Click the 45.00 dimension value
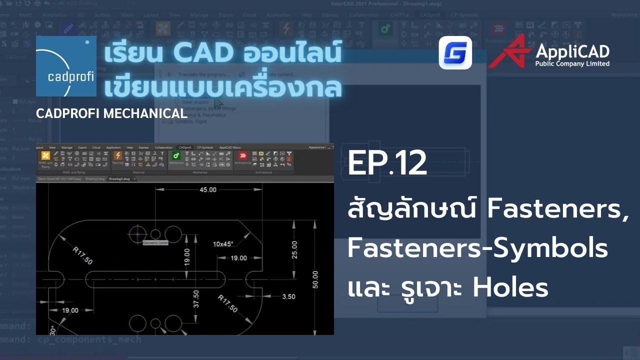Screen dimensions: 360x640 click(208, 189)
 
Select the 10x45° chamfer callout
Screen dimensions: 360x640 click(223, 244)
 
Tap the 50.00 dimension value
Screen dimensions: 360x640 click(314, 280)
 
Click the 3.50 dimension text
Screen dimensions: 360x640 click(288, 296)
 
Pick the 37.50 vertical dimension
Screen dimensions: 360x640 click(196, 298)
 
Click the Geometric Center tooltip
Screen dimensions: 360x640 click(155, 243)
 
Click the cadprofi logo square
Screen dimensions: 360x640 click(66, 66)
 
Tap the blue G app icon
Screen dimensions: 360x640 click(455, 52)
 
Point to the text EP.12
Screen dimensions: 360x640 click(387, 164)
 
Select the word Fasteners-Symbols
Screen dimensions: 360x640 click(477, 248)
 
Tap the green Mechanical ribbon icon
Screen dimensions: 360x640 click(175, 155)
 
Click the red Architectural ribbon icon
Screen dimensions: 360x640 click(243, 155)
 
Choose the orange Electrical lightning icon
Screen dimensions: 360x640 click(118, 155)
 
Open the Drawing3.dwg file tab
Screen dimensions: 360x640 click(119, 178)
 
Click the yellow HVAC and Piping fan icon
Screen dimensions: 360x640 click(45, 155)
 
